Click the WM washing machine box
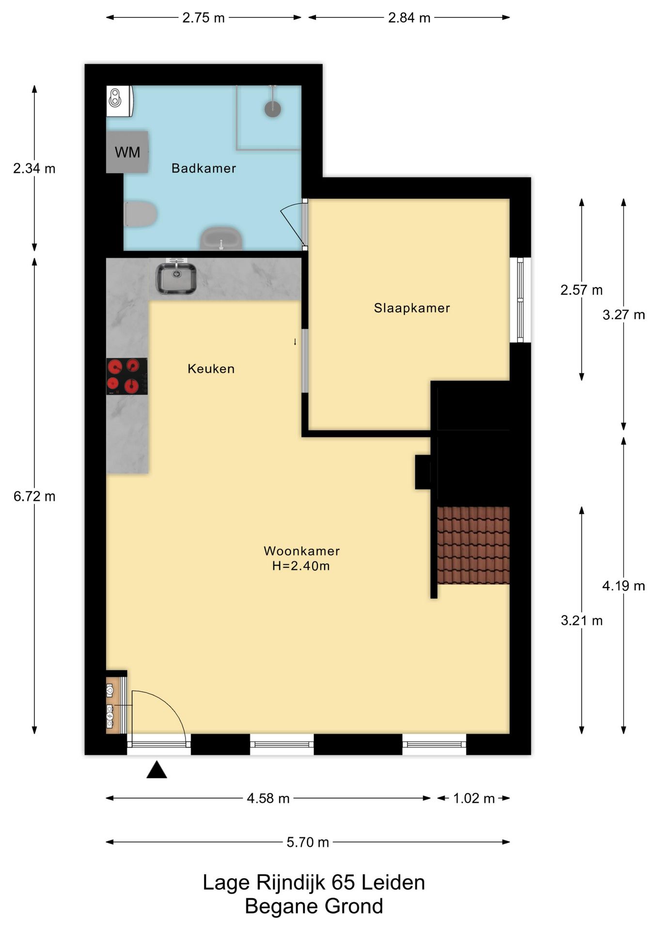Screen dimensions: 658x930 click(127, 152)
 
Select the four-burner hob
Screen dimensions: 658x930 click(127, 376)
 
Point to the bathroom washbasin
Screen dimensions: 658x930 click(222, 238)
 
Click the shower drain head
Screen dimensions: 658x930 click(273, 108)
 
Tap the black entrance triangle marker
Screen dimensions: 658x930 click(157, 770)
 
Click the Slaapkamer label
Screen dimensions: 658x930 click(412, 308)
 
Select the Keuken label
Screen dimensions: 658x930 click(211, 369)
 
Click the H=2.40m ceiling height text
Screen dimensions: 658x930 click(301, 566)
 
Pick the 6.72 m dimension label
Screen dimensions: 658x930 click(34, 496)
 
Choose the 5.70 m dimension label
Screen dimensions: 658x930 click(308, 842)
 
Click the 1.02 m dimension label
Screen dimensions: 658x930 click(474, 798)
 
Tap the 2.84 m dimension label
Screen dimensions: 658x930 click(409, 18)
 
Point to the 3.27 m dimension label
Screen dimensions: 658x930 click(624, 315)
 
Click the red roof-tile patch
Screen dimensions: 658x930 click(473, 545)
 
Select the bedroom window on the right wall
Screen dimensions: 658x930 click(520, 300)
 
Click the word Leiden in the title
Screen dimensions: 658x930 click(393, 883)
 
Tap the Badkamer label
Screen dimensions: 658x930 click(204, 168)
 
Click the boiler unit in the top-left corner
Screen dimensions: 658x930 click(120, 101)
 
